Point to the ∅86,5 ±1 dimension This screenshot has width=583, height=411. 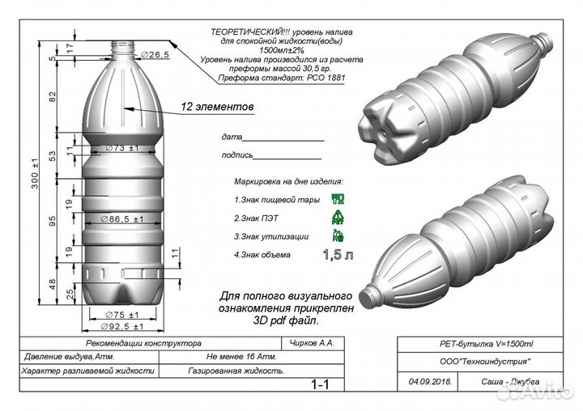(122, 219)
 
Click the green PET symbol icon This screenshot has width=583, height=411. (338, 216)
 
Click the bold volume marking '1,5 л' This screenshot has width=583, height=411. (338, 256)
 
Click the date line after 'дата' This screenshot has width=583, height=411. (283, 138)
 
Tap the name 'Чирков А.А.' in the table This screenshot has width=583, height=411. (315, 343)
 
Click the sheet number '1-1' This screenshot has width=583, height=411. (321, 384)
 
